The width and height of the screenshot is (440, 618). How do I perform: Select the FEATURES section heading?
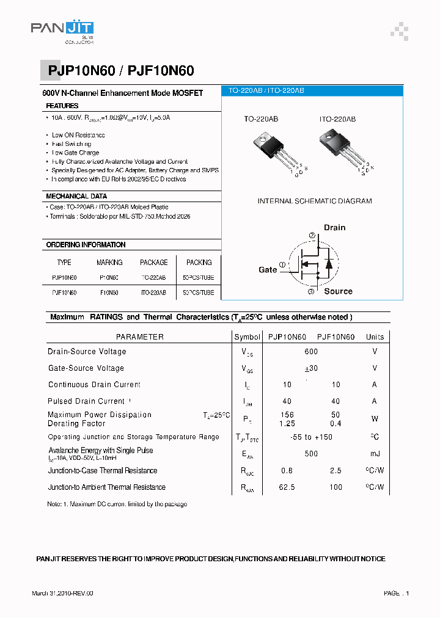tap(62, 106)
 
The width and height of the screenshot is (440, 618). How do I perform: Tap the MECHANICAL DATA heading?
tap(76, 197)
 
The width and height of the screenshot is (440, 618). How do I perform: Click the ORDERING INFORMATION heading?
tap(86, 245)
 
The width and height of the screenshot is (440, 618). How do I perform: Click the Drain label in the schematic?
tap(334, 228)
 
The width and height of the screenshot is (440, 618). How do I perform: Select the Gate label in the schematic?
tap(268, 269)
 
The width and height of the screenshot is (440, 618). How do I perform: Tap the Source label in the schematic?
tap(338, 291)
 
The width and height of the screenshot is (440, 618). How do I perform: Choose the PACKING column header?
tap(199, 263)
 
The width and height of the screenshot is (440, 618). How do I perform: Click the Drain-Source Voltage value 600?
tap(311, 352)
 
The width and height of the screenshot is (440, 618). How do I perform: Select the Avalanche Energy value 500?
tap(311, 454)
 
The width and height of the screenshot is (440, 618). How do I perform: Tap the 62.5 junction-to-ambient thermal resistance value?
tap(287, 487)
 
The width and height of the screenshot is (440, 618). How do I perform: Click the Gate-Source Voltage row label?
tap(86, 368)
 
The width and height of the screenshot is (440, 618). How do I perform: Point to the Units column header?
tap(375, 337)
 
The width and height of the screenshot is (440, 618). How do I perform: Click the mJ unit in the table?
tap(375, 454)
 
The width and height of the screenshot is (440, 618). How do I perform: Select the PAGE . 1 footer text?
tap(396, 593)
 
